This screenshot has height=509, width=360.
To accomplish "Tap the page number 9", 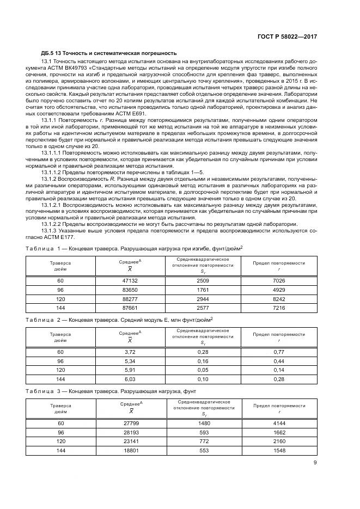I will [315, 463].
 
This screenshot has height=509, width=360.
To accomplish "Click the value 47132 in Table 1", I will [130, 280].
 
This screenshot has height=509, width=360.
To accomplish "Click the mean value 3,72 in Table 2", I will [130, 352].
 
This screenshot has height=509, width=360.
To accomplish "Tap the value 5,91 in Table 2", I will [130, 370].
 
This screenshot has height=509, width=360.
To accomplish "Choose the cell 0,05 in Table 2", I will [203, 370].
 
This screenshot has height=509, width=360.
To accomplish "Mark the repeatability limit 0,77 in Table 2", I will [279, 352].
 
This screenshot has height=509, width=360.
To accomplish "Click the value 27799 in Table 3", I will [130, 423].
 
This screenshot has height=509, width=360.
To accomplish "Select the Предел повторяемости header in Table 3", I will [279, 406].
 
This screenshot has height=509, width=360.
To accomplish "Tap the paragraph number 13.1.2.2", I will [54, 224].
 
